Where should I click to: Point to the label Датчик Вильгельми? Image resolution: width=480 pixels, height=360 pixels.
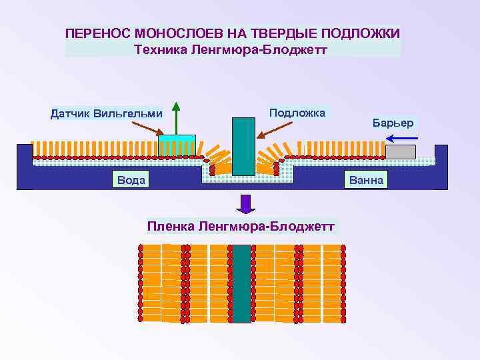[x=107, y=113]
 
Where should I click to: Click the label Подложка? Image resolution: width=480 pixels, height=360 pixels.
[x=297, y=113]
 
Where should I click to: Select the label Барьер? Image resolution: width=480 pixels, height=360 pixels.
[x=393, y=123]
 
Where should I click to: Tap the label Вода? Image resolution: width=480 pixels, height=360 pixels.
[x=131, y=180]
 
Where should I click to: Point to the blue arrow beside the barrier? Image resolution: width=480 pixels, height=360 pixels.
[x=401, y=138]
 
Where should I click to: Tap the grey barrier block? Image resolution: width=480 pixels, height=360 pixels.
[x=400, y=151]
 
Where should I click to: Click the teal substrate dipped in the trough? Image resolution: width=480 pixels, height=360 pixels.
[x=243, y=147]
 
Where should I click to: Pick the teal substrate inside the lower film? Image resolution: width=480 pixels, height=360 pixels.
[x=241, y=283]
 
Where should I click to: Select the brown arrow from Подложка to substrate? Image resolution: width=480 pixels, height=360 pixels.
[x=270, y=130]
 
